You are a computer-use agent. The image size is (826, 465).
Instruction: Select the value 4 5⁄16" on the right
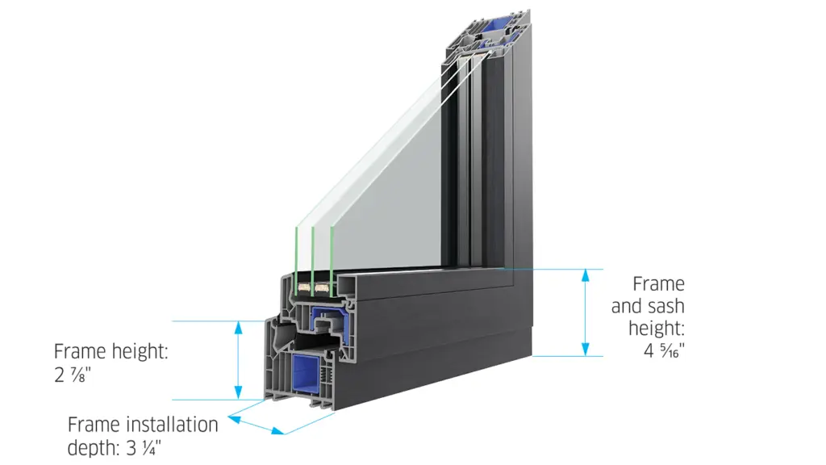[x=660, y=350]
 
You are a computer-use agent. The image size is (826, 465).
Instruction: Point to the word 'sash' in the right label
[x=666, y=307]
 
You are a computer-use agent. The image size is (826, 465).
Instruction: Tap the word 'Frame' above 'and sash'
[x=658, y=284]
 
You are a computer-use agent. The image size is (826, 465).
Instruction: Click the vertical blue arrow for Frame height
[x=238, y=359]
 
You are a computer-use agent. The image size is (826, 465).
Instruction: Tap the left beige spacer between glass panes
[x=305, y=287]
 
